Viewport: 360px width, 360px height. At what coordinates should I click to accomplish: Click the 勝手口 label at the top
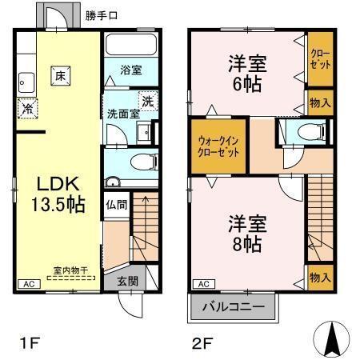pos(103,15)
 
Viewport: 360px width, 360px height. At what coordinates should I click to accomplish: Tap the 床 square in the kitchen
pos(60,75)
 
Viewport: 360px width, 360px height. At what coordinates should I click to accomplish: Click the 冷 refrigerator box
pos(28,107)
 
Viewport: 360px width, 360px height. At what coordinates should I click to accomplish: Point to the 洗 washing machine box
pos(147,101)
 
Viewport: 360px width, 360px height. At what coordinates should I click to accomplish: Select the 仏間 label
pos(116,203)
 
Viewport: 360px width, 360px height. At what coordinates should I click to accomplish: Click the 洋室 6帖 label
pos(247,72)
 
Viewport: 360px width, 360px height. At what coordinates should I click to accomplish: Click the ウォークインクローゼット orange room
pos(218,145)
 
